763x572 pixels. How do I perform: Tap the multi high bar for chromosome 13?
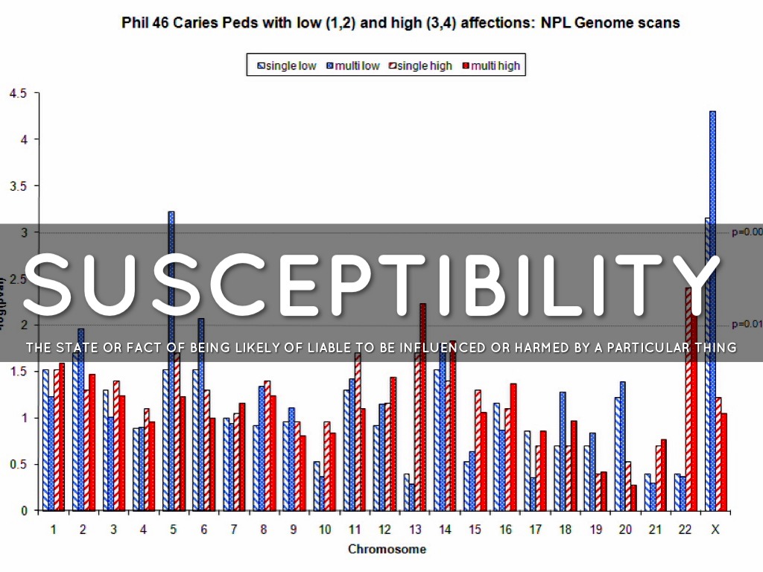coord(422,417)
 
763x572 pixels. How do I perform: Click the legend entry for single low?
coord(287,66)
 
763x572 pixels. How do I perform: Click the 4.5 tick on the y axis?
coord(17,93)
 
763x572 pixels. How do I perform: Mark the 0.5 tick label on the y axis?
coord(17,464)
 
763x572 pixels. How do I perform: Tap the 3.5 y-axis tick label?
coord(17,186)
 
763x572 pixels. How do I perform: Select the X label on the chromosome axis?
coord(715,530)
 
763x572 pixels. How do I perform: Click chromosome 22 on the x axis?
coord(685,530)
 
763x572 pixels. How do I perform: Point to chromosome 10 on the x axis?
coord(324,530)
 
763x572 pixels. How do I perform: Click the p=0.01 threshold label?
coord(747,324)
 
